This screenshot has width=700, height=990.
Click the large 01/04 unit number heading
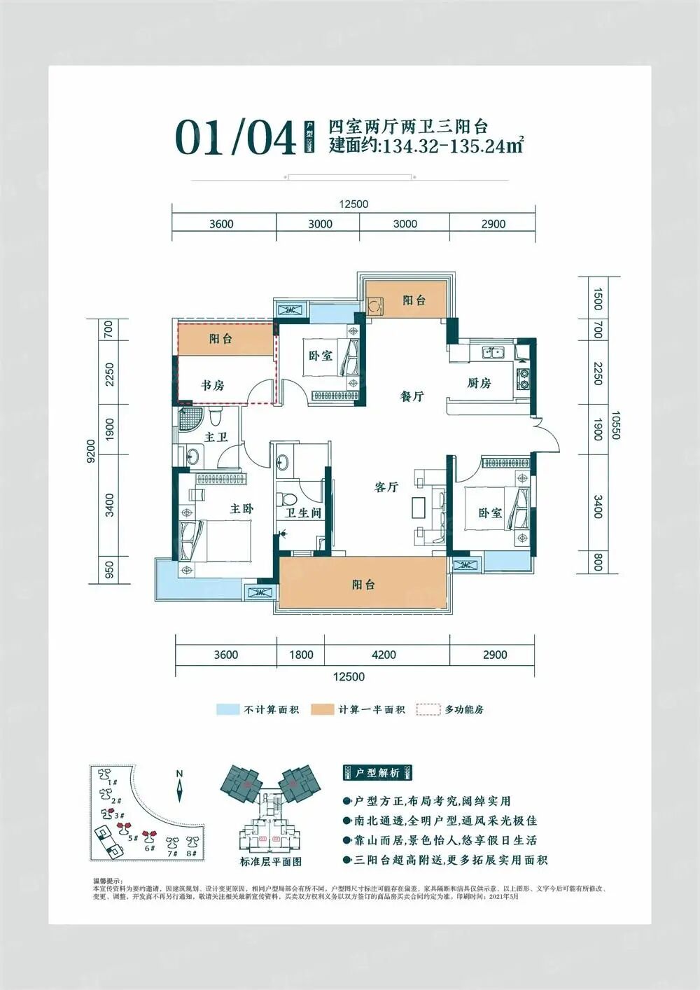[236, 137]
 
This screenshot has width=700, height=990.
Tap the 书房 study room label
[212, 385]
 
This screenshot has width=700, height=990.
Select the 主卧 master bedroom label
[241, 509]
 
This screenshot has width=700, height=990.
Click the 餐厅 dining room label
[412, 396]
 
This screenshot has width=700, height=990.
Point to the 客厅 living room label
[386, 487]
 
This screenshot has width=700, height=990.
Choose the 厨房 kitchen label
[479, 383]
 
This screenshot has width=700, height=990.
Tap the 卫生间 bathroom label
[302, 513]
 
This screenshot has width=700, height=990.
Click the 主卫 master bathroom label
[216, 437]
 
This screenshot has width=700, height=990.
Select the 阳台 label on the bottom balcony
[363, 585]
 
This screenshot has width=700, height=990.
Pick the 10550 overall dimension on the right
[615, 425]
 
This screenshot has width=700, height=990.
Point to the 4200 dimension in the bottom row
[384, 655]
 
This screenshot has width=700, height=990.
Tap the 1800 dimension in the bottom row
[301, 655]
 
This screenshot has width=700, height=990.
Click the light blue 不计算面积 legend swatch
[228, 709]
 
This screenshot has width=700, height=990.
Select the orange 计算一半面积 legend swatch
[323, 709]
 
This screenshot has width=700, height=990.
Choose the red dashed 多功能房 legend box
[428, 709]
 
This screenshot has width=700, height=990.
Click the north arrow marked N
[180, 787]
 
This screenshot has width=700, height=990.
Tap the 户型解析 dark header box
[377, 773]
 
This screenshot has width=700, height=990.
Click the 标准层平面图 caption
[270, 862]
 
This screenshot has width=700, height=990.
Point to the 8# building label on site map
[192, 854]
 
